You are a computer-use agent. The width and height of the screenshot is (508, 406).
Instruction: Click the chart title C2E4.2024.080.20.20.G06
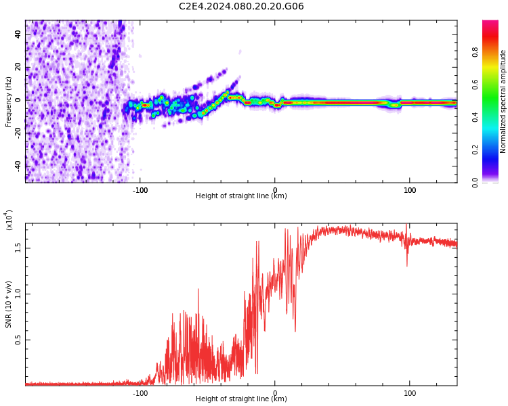point(241,7)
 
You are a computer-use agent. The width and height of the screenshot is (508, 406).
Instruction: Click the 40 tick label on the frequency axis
point(18,35)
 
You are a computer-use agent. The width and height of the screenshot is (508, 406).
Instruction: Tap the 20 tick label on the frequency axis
point(18,68)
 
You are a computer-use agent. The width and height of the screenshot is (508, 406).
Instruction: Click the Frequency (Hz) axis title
point(9,101)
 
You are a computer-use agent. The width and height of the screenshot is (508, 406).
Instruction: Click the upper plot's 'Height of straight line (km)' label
point(241,196)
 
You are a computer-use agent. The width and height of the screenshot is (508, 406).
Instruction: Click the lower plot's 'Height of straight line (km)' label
point(241,399)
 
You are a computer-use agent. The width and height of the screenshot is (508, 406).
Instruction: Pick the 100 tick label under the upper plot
point(410,190)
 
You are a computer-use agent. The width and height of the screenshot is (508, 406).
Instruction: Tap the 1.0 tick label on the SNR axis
point(18,293)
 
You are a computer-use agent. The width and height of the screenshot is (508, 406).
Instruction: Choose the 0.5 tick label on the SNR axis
point(18,340)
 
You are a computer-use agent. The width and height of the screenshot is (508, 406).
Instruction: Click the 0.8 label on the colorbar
point(475,51)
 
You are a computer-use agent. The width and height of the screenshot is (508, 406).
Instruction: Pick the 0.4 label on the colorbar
point(475,116)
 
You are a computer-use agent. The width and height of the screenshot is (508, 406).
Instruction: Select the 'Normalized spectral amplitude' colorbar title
point(503,101)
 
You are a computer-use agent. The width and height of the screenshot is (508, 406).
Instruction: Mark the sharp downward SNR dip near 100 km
point(407,264)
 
